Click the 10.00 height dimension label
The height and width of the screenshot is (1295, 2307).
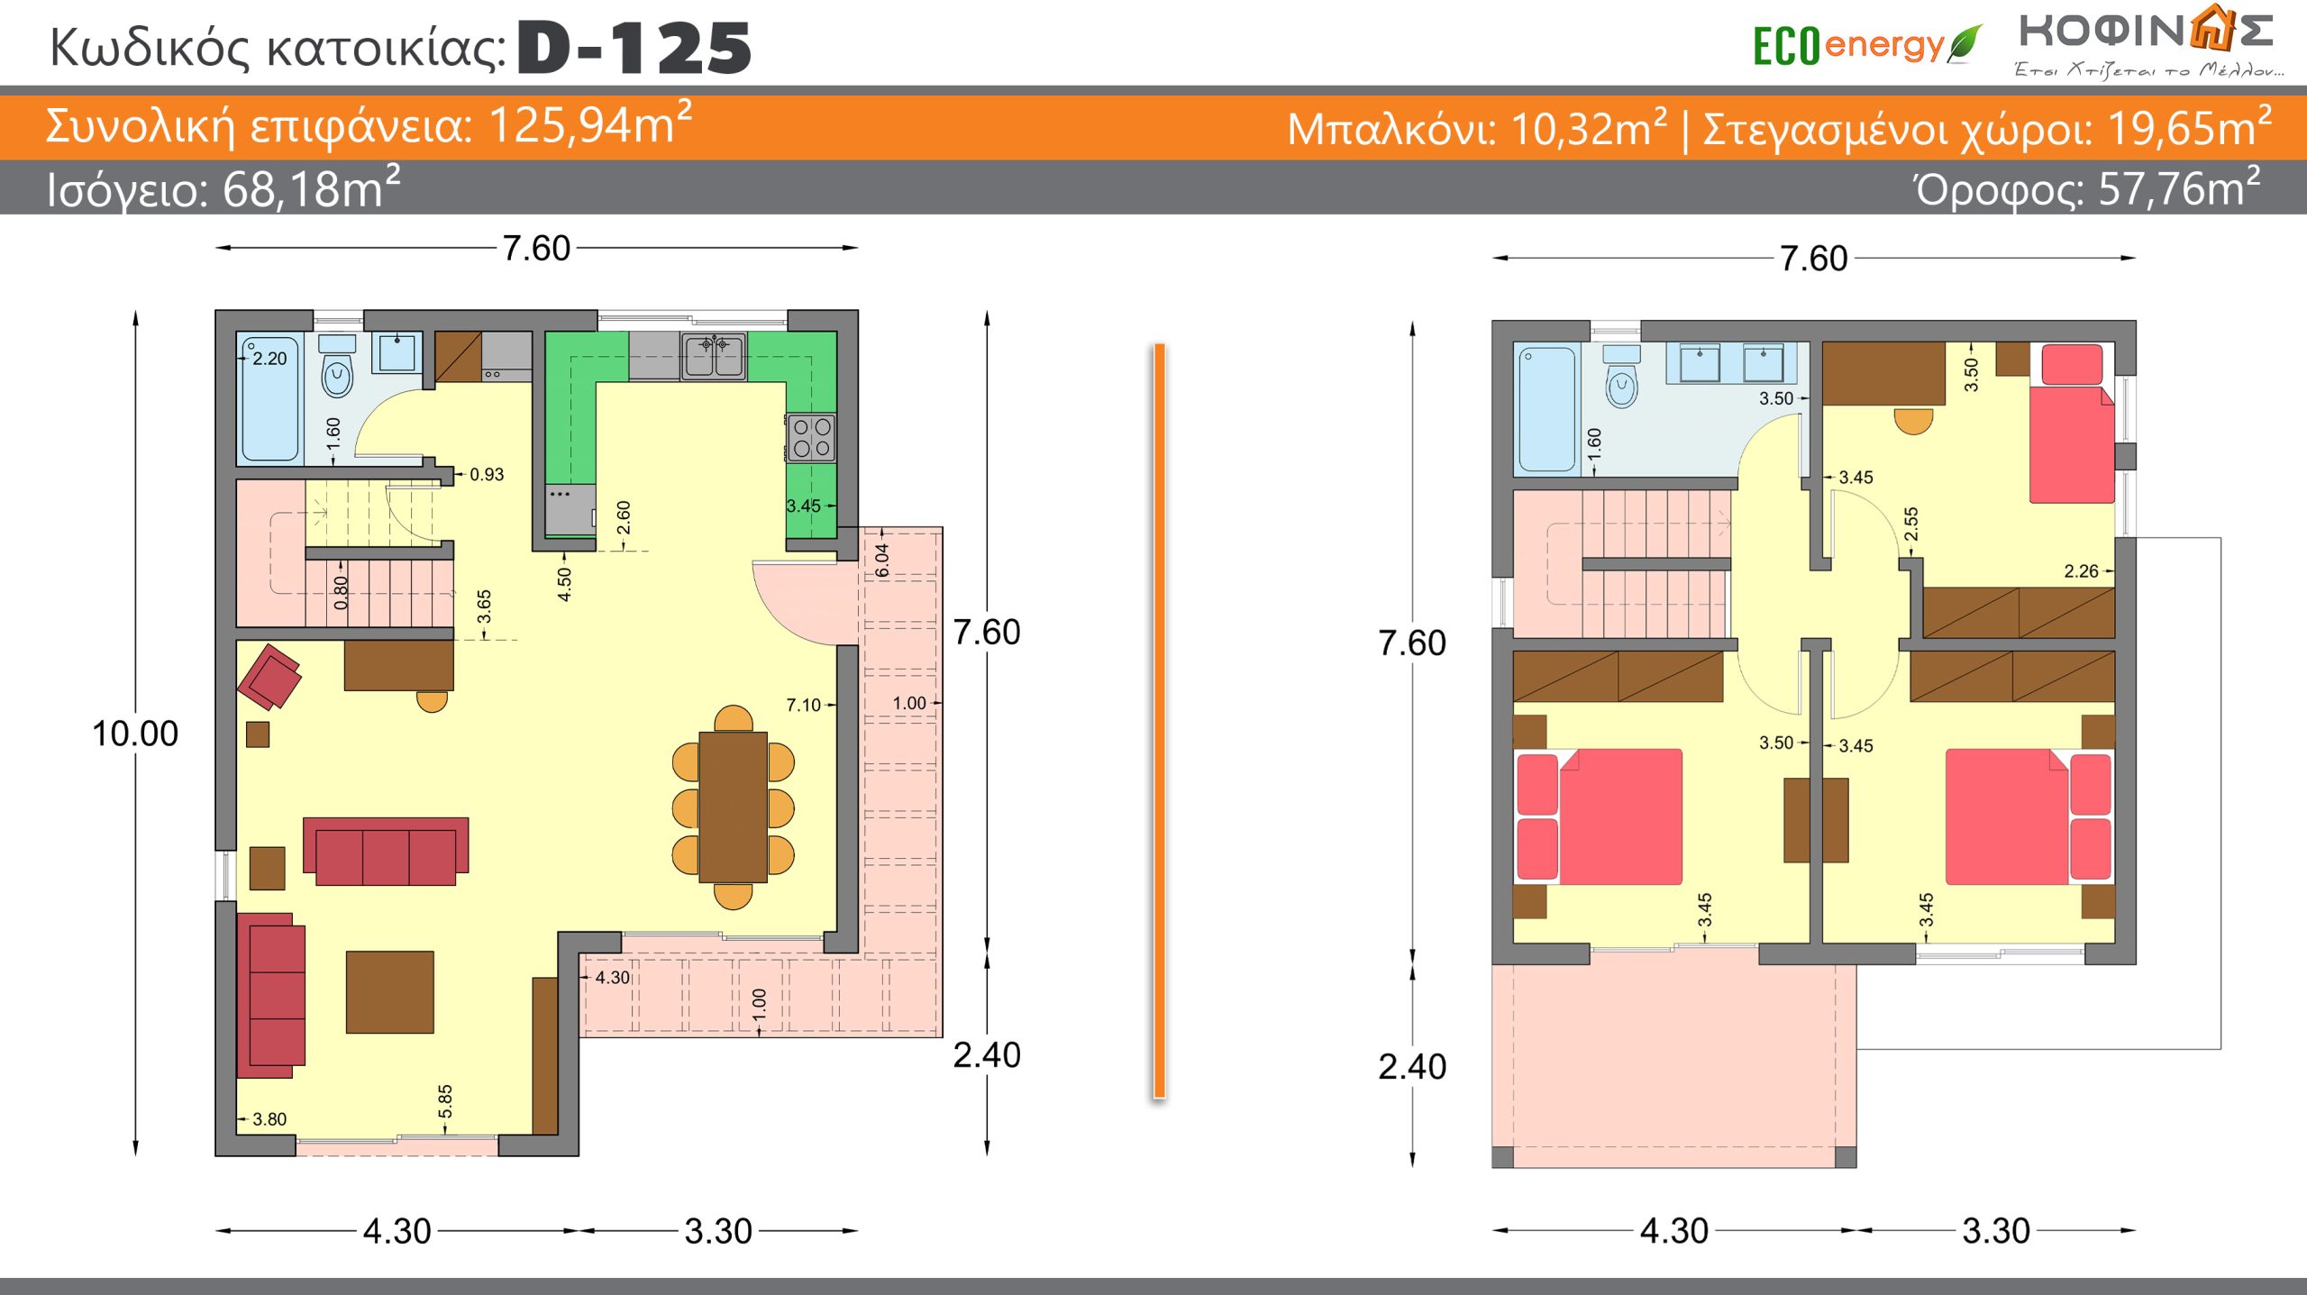pyautogui.click(x=135, y=734)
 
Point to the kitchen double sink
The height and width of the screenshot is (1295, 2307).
pyautogui.click(x=714, y=355)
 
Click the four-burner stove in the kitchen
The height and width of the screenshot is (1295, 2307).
pyautogui.click(x=811, y=438)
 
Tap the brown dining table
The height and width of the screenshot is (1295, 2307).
pyautogui.click(x=733, y=807)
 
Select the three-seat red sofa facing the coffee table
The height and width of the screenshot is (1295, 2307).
pyautogui.click(x=386, y=851)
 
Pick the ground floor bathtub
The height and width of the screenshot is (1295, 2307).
pyautogui.click(x=269, y=399)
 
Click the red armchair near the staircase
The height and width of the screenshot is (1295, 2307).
pyautogui.click(x=269, y=676)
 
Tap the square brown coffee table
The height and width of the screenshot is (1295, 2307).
pyautogui.click(x=390, y=991)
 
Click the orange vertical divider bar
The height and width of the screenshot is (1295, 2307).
pyautogui.click(x=1160, y=721)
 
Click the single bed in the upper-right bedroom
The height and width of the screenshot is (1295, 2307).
pyautogui.click(x=2072, y=424)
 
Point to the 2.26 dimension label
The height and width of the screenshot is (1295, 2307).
pyautogui.click(x=2081, y=571)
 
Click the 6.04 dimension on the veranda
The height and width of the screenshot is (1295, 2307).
pyautogui.click(x=882, y=561)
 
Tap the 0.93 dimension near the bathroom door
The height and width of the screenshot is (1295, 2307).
pyautogui.click(x=487, y=475)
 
